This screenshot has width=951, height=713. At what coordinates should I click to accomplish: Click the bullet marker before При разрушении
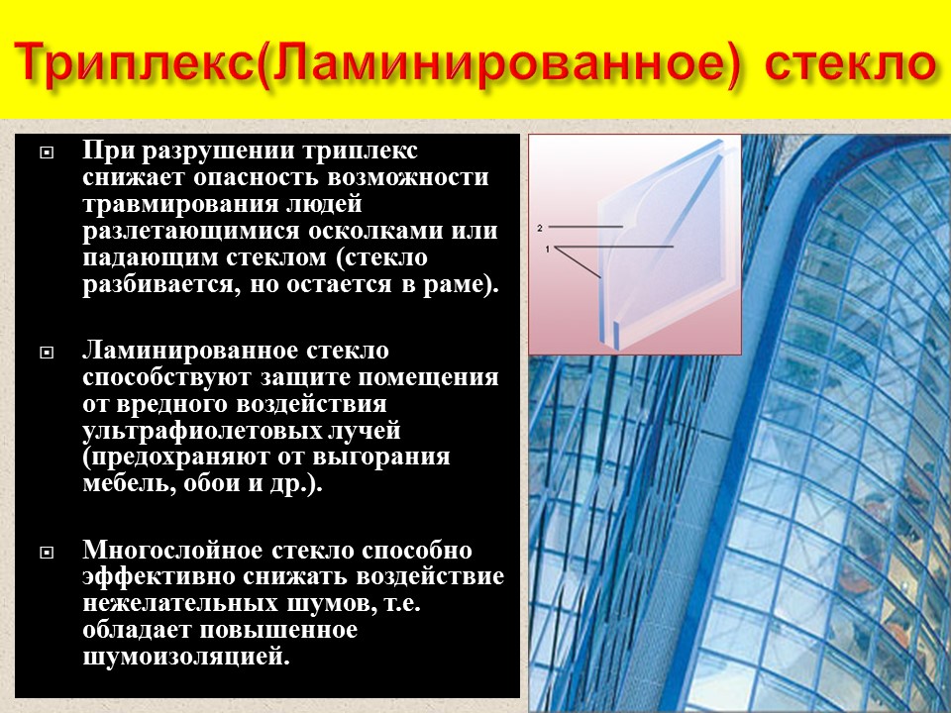[x=46, y=153]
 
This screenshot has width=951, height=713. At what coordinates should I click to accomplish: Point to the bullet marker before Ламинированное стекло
[x=46, y=354]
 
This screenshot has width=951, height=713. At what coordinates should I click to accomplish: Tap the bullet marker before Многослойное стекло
[x=46, y=553]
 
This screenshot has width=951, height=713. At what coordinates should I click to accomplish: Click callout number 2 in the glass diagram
[x=540, y=228]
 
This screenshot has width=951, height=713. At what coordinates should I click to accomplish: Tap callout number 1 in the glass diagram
[x=547, y=251]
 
